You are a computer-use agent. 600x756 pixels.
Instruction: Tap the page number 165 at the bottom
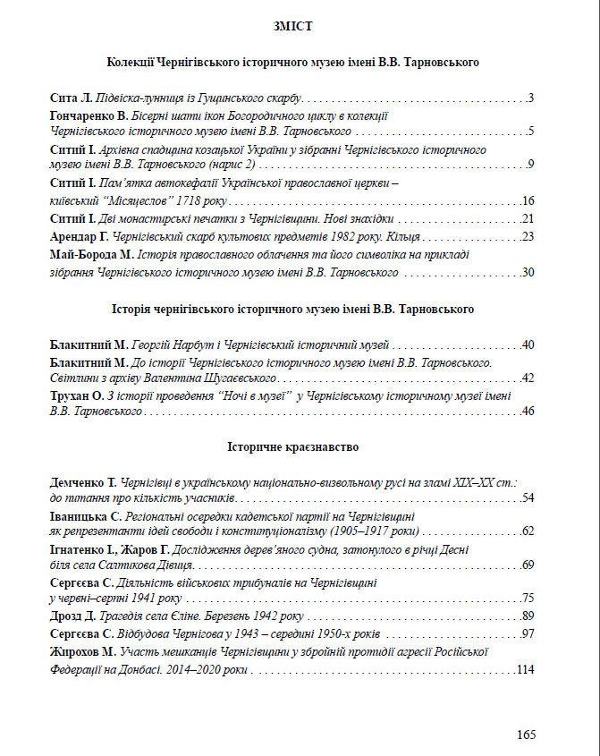point(526,735)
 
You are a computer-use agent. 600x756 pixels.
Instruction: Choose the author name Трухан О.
point(79,395)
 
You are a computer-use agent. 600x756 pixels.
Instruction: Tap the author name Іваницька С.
point(85,516)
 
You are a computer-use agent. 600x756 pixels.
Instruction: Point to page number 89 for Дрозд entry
point(528,616)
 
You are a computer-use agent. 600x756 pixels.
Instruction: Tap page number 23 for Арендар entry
point(528,237)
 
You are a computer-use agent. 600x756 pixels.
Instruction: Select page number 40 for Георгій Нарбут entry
point(528,344)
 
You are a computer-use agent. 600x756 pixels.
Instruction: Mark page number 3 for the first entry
point(531,98)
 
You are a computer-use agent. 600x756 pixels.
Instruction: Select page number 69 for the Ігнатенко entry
point(528,565)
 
